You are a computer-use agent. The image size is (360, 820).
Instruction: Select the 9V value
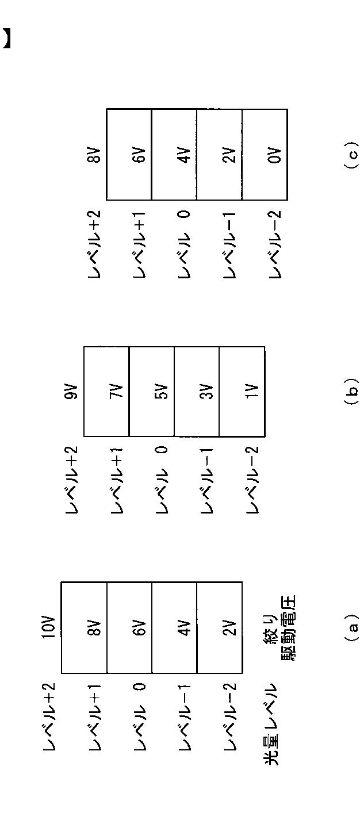point(71,392)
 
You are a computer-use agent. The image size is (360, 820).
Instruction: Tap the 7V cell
point(116,392)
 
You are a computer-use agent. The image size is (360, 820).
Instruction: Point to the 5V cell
point(162,392)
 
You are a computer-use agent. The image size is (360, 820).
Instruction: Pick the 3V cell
point(207,392)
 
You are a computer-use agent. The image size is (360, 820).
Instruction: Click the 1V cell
point(252,392)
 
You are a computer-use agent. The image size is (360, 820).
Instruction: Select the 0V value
point(275,155)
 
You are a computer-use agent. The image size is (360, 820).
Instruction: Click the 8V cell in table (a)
point(94,627)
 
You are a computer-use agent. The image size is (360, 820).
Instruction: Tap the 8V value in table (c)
point(94,155)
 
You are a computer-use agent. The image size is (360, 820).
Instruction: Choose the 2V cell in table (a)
point(230,627)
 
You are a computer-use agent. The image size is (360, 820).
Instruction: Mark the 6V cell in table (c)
point(139,155)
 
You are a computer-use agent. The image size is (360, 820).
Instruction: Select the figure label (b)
point(352,391)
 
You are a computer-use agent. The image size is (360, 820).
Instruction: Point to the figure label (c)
point(352,154)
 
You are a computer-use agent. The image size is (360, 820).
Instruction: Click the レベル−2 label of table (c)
point(275,244)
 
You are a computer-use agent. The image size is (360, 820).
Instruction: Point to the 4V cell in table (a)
point(185,627)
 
